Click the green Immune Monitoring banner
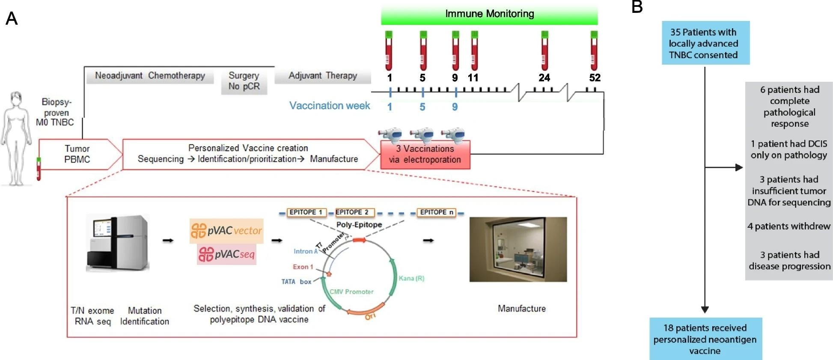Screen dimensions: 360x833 (x=489, y=14)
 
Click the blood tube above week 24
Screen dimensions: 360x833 (x=544, y=51)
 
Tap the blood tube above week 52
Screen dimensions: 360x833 (x=594, y=51)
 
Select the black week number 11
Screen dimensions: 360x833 (x=473, y=78)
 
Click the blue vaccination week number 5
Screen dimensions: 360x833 (x=422, y=107)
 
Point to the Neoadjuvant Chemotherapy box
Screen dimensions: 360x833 (x=150, y=76)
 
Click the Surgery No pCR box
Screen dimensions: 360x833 (x=244, y=81)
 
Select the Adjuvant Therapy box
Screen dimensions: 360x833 (x=323, y=76)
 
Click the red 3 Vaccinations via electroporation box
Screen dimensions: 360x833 (x=425, y=155)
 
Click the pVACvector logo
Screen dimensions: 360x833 (x=226, y=231)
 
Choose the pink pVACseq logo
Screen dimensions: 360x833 (x=226, y=254)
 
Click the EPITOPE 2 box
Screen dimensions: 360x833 (x=352, y=212)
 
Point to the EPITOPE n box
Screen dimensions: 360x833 (x=436, y=212)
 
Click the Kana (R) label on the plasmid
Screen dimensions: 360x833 (x=411, y=278)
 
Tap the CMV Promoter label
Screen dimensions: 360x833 (x=351, y=292)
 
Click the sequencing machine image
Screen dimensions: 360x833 (x=118, y=243)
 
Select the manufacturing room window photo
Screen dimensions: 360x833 (x=518, y=249)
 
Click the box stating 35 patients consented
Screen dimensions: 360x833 (x=705, y=43)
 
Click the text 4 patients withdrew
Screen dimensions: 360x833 (x=788, y=226)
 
